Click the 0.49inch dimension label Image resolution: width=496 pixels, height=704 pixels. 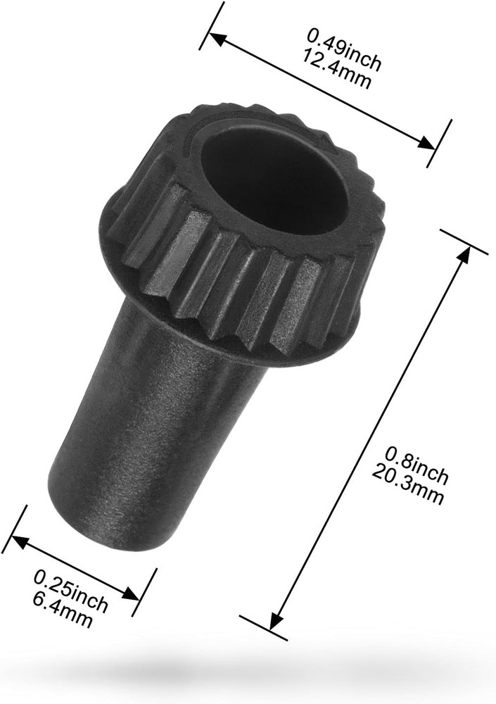point(345,51)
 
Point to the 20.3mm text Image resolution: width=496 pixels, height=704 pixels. point(407,484)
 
